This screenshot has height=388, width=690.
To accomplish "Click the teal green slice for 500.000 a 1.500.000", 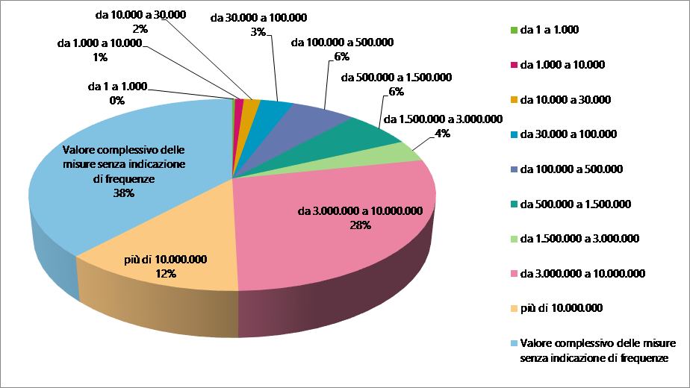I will point(373,131).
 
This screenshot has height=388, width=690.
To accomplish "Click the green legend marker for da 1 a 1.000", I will point(513,30).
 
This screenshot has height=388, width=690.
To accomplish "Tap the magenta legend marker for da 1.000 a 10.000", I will point(513,65).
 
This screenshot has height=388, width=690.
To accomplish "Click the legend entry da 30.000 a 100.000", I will point(568,134).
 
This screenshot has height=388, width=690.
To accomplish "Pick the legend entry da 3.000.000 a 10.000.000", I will point(582,273).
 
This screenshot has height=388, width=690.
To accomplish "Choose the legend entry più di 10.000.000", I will point(561,307).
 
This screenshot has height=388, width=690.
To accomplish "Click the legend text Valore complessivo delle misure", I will point(597,343).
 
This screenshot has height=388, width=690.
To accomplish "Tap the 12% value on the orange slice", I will point(165,274).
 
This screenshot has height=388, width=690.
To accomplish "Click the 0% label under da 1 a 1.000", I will point(116,100).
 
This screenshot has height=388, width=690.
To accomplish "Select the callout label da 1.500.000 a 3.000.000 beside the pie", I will point(442,119).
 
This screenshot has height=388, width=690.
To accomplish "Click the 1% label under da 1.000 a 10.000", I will point(99,57).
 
